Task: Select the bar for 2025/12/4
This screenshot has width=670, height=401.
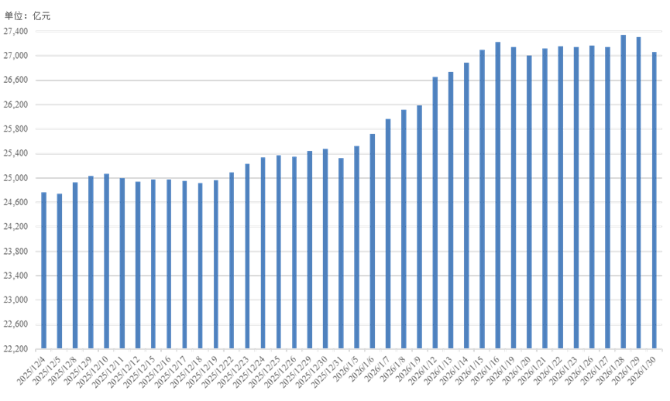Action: click(43, 271)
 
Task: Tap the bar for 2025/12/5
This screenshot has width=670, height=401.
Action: click(60, 272)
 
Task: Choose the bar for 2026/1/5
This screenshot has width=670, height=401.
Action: click(357, 248)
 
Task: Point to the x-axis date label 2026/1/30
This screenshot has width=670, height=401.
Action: click(648, 367)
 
